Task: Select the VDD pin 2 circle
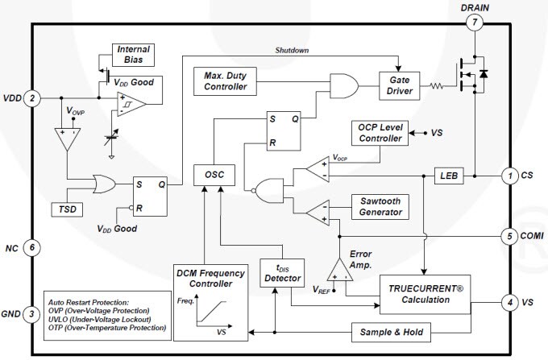pyautogui.click(x=32, y=98)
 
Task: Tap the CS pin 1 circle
pyautogui.click(x=509, y=175)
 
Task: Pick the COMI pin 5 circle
pyautogui.click(x=509, y=237)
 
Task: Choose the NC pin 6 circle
pyautogui.click(x=32, y=247)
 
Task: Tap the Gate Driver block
pyautogui.click(x=401, y=86)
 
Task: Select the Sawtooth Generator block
pyautogui.click(x=380, y=205)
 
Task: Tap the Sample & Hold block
pyautogui.click(x=389, y=332)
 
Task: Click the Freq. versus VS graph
pyautogui.click(x=206, y=314)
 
